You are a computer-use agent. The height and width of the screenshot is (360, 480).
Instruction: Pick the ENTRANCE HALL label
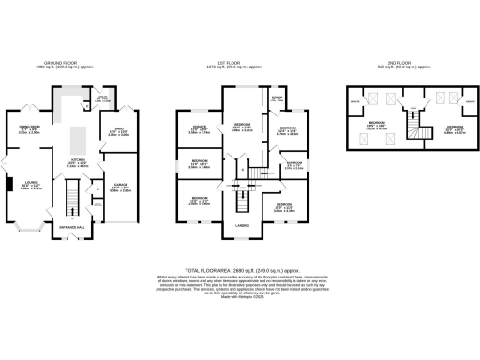pyautogui.click(x=74, y=227)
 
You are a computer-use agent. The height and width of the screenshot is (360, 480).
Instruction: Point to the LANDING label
pyautogui.click(x=241, y=224)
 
